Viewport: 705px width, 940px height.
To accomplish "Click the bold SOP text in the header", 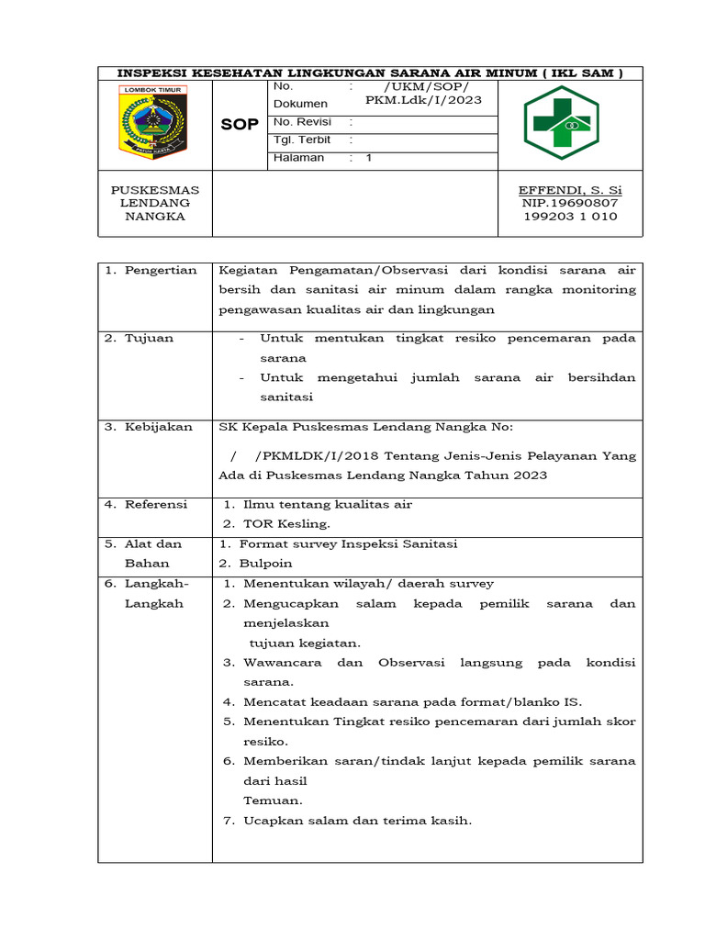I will [x=240, y=124].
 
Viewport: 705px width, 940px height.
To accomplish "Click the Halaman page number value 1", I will [x=369, y=157].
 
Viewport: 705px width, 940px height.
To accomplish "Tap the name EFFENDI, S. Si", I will [x=569, y=190].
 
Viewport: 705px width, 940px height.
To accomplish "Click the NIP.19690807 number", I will [x=569, y=203].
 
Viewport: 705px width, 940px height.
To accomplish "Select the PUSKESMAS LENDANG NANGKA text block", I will [x=155, y=203].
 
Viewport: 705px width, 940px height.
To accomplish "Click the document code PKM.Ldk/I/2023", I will [x=423, y=99].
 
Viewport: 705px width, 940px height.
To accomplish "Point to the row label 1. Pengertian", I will [x=151, y=270].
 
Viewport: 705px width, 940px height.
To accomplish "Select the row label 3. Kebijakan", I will [x=148, y=427].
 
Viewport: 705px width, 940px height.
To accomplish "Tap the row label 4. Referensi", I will [x=145, y=504].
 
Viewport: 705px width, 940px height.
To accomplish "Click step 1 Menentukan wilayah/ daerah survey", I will [x=368, y=583].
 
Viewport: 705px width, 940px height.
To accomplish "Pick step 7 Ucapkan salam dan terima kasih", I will [x=357, y=820].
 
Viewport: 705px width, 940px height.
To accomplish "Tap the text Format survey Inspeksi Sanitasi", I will [x=348, y=543].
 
